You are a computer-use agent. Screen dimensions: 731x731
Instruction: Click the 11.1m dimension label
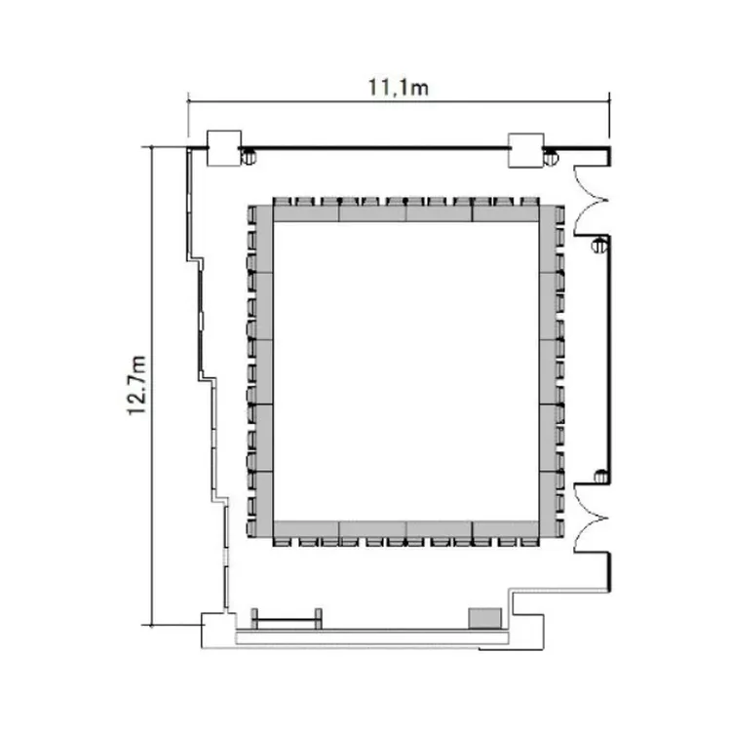coord(398,88)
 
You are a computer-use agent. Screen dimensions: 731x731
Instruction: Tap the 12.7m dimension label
coord(137,385)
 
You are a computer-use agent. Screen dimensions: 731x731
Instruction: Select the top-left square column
coord(224,148)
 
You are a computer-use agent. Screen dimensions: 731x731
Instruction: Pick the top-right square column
coord(525,150)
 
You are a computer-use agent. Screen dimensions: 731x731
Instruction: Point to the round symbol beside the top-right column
coord(551,159)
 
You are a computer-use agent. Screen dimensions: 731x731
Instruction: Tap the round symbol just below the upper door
coord(599,245)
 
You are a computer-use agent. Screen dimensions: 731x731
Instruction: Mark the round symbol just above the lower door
coord(601,477)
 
